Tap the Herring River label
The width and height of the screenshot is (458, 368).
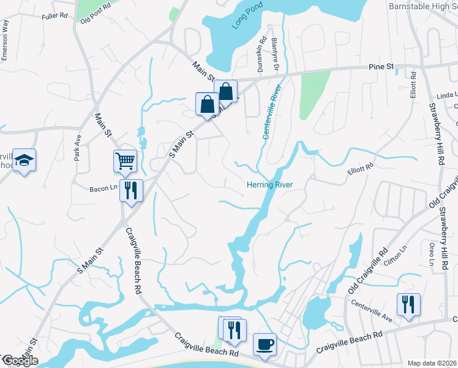pyautogui.click(x=270, y=185)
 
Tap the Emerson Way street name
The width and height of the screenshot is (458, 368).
pyautogui.click(x=5, y=40)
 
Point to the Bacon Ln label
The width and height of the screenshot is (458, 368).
pyautogui.click(x=105, y=187)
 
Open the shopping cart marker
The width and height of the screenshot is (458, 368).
pyautogui.click(x=126, y=161)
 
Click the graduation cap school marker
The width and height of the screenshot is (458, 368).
pyautogui.click(x=24, y=160)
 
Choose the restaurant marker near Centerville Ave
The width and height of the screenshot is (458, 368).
pyautogui.click(x=408, y=304)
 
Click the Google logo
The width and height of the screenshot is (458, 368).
pyautogui.click(x=20, y=361)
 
